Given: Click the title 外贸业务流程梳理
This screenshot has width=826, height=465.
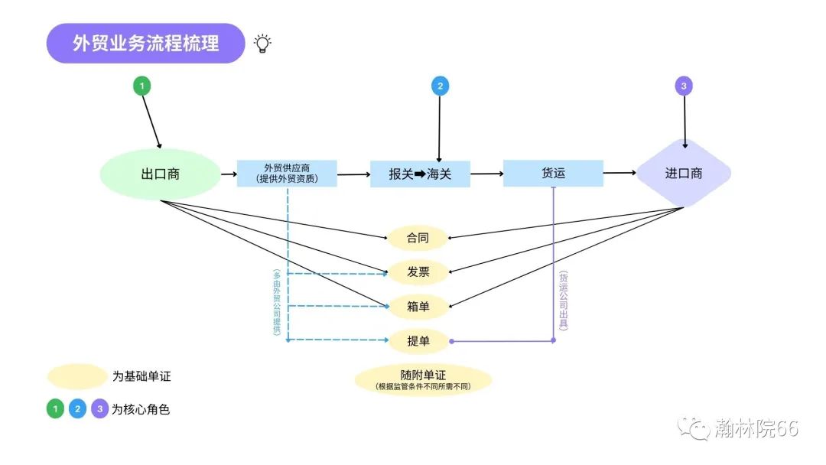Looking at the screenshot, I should [x=145, y=43].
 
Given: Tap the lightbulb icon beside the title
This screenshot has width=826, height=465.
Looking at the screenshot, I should [x=262, y=43].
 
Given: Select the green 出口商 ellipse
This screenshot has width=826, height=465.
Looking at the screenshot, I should [x=161, y=174].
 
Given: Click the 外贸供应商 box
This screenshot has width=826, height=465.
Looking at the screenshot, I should [x=287, y=174].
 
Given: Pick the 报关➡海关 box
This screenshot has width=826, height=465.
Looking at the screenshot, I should [x=420, y=174].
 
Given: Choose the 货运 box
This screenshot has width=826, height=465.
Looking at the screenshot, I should [x=553, y=174].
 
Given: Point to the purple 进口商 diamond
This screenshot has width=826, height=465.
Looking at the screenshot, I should [x=684, y=174].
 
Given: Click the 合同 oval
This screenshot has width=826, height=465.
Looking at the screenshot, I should [x=418, y=238].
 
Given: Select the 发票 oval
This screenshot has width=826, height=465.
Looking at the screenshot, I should [x=418, y=272].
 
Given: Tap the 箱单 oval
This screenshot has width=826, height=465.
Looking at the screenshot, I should [x=418, y=307].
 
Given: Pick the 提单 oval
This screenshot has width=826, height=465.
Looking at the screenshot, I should [x=418, y=341].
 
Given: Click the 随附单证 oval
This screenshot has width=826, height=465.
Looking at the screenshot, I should [x=423, y=379].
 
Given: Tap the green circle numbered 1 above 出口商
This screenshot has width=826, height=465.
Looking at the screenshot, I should [x=141, y=86].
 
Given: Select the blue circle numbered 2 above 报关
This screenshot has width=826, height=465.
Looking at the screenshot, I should [x=440, y=86].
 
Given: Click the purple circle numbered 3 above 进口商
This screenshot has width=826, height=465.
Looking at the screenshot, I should [x=684, y=86].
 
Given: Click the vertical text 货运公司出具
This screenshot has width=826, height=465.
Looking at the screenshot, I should [x=564, y=301].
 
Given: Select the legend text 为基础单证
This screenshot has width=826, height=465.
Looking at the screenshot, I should [x=147, y=376].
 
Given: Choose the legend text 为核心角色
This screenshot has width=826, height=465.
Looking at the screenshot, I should [x=141, y=409].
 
